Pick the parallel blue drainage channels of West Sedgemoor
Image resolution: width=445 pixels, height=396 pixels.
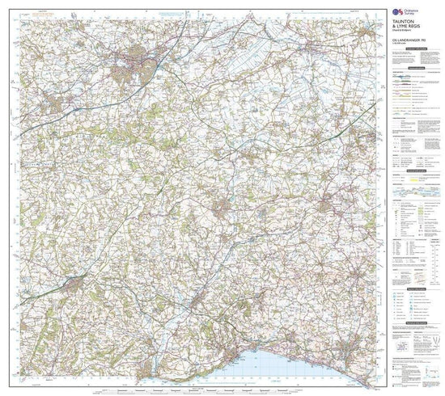click(x=235, y=61)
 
